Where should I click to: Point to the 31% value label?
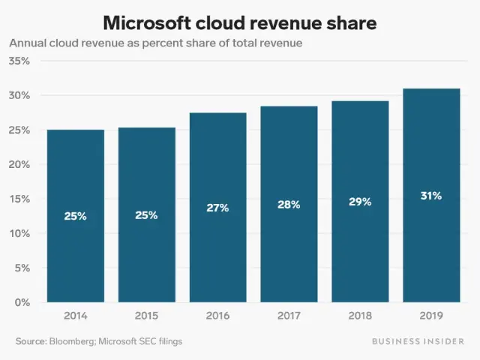point(431,196)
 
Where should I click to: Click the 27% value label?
point(217,208)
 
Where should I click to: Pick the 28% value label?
point(289,205)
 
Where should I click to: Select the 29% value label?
point(360,202)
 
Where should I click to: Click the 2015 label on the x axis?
point(146,316)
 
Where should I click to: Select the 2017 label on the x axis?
point(289,316)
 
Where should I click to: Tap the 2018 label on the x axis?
point(360,316)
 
